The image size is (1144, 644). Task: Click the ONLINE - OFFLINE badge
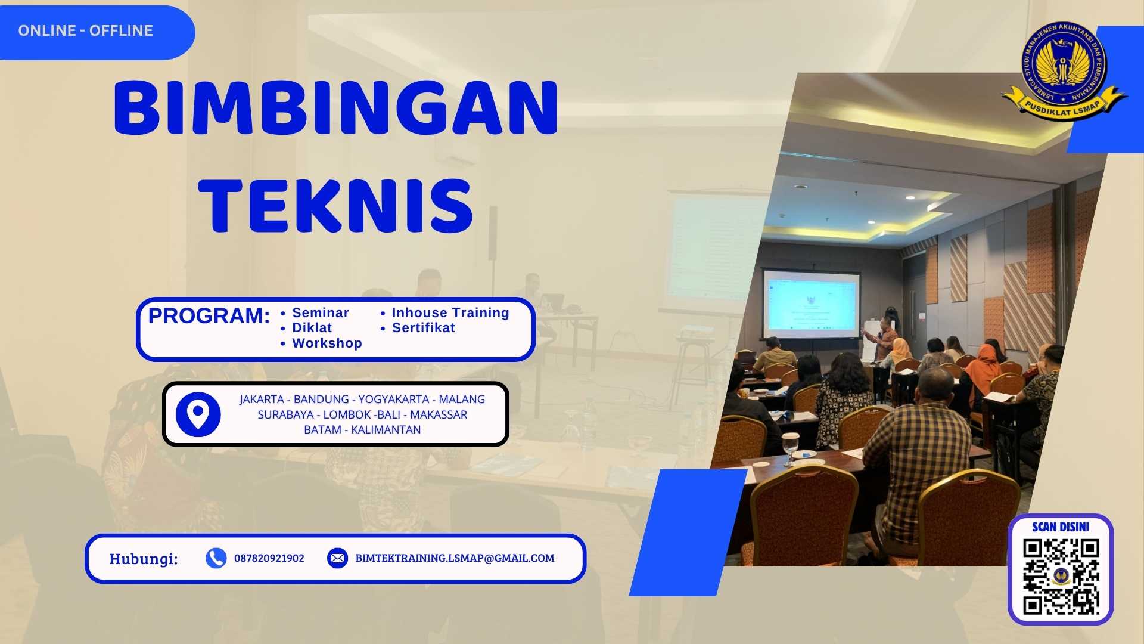click(86, 31)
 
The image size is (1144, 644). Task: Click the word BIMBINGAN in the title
click(335, 108)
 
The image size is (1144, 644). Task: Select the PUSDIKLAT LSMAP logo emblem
click(1064, 69)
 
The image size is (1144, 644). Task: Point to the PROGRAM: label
click(209, 316)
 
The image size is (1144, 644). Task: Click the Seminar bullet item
click(320, 313)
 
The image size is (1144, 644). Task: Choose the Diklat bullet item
click(312, 328)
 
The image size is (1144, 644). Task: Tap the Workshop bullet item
click(327, 343)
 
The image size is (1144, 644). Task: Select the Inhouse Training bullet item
click(450, 313)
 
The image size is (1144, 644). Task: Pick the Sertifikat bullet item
click(423, 328)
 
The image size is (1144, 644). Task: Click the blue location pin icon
click(198, 414)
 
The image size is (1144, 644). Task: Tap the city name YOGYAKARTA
click(393, 400)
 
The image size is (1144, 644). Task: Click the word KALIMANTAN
click(386, 430)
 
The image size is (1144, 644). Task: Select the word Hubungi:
click(144, 559)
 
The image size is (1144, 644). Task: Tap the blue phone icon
click(216, 558)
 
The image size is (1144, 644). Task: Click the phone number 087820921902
click(269, 558)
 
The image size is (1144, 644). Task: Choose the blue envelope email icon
click(337, 558)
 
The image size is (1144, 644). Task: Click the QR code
click(1061, 577)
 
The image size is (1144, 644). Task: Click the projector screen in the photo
click(812, 301)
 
